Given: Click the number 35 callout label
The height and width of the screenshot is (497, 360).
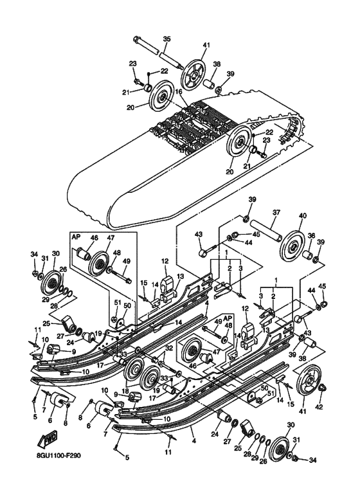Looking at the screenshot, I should [166, 39].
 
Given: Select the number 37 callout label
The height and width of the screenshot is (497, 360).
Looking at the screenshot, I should [276, 212].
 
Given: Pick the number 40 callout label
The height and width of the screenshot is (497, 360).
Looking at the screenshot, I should [303, 215].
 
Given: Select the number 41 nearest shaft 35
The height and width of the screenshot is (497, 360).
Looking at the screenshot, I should [206, 45].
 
